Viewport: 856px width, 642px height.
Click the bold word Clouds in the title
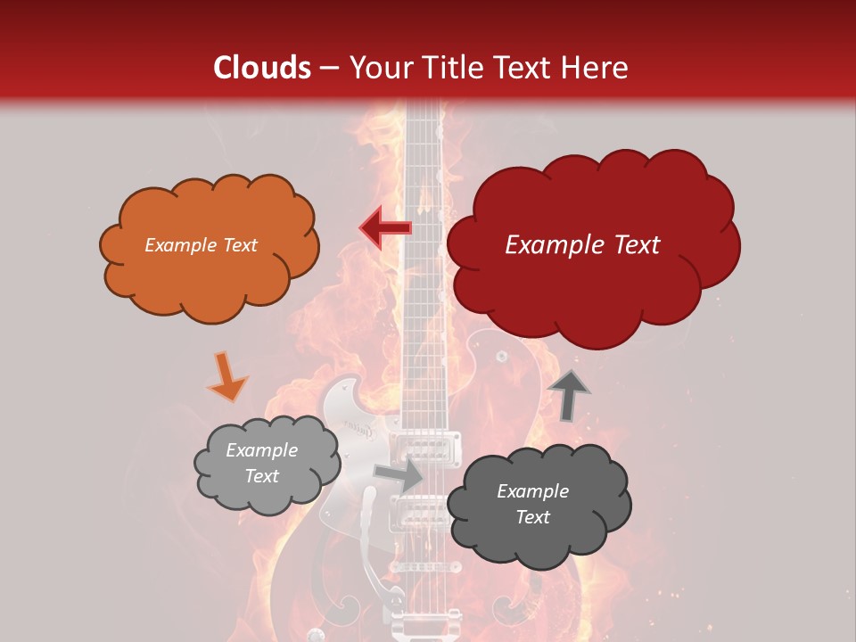point(262,68)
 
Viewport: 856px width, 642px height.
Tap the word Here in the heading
point(596,68)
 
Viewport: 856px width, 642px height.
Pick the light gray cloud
point(266,464)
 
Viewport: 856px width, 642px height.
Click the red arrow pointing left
point(385,228)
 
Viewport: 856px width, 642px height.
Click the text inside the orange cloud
point(202,245)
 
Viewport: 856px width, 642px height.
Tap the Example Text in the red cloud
point(582,245)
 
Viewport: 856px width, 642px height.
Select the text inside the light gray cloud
point(261,463)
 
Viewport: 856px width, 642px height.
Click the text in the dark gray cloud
point(532,504)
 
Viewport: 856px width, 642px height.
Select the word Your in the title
point(378,68)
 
